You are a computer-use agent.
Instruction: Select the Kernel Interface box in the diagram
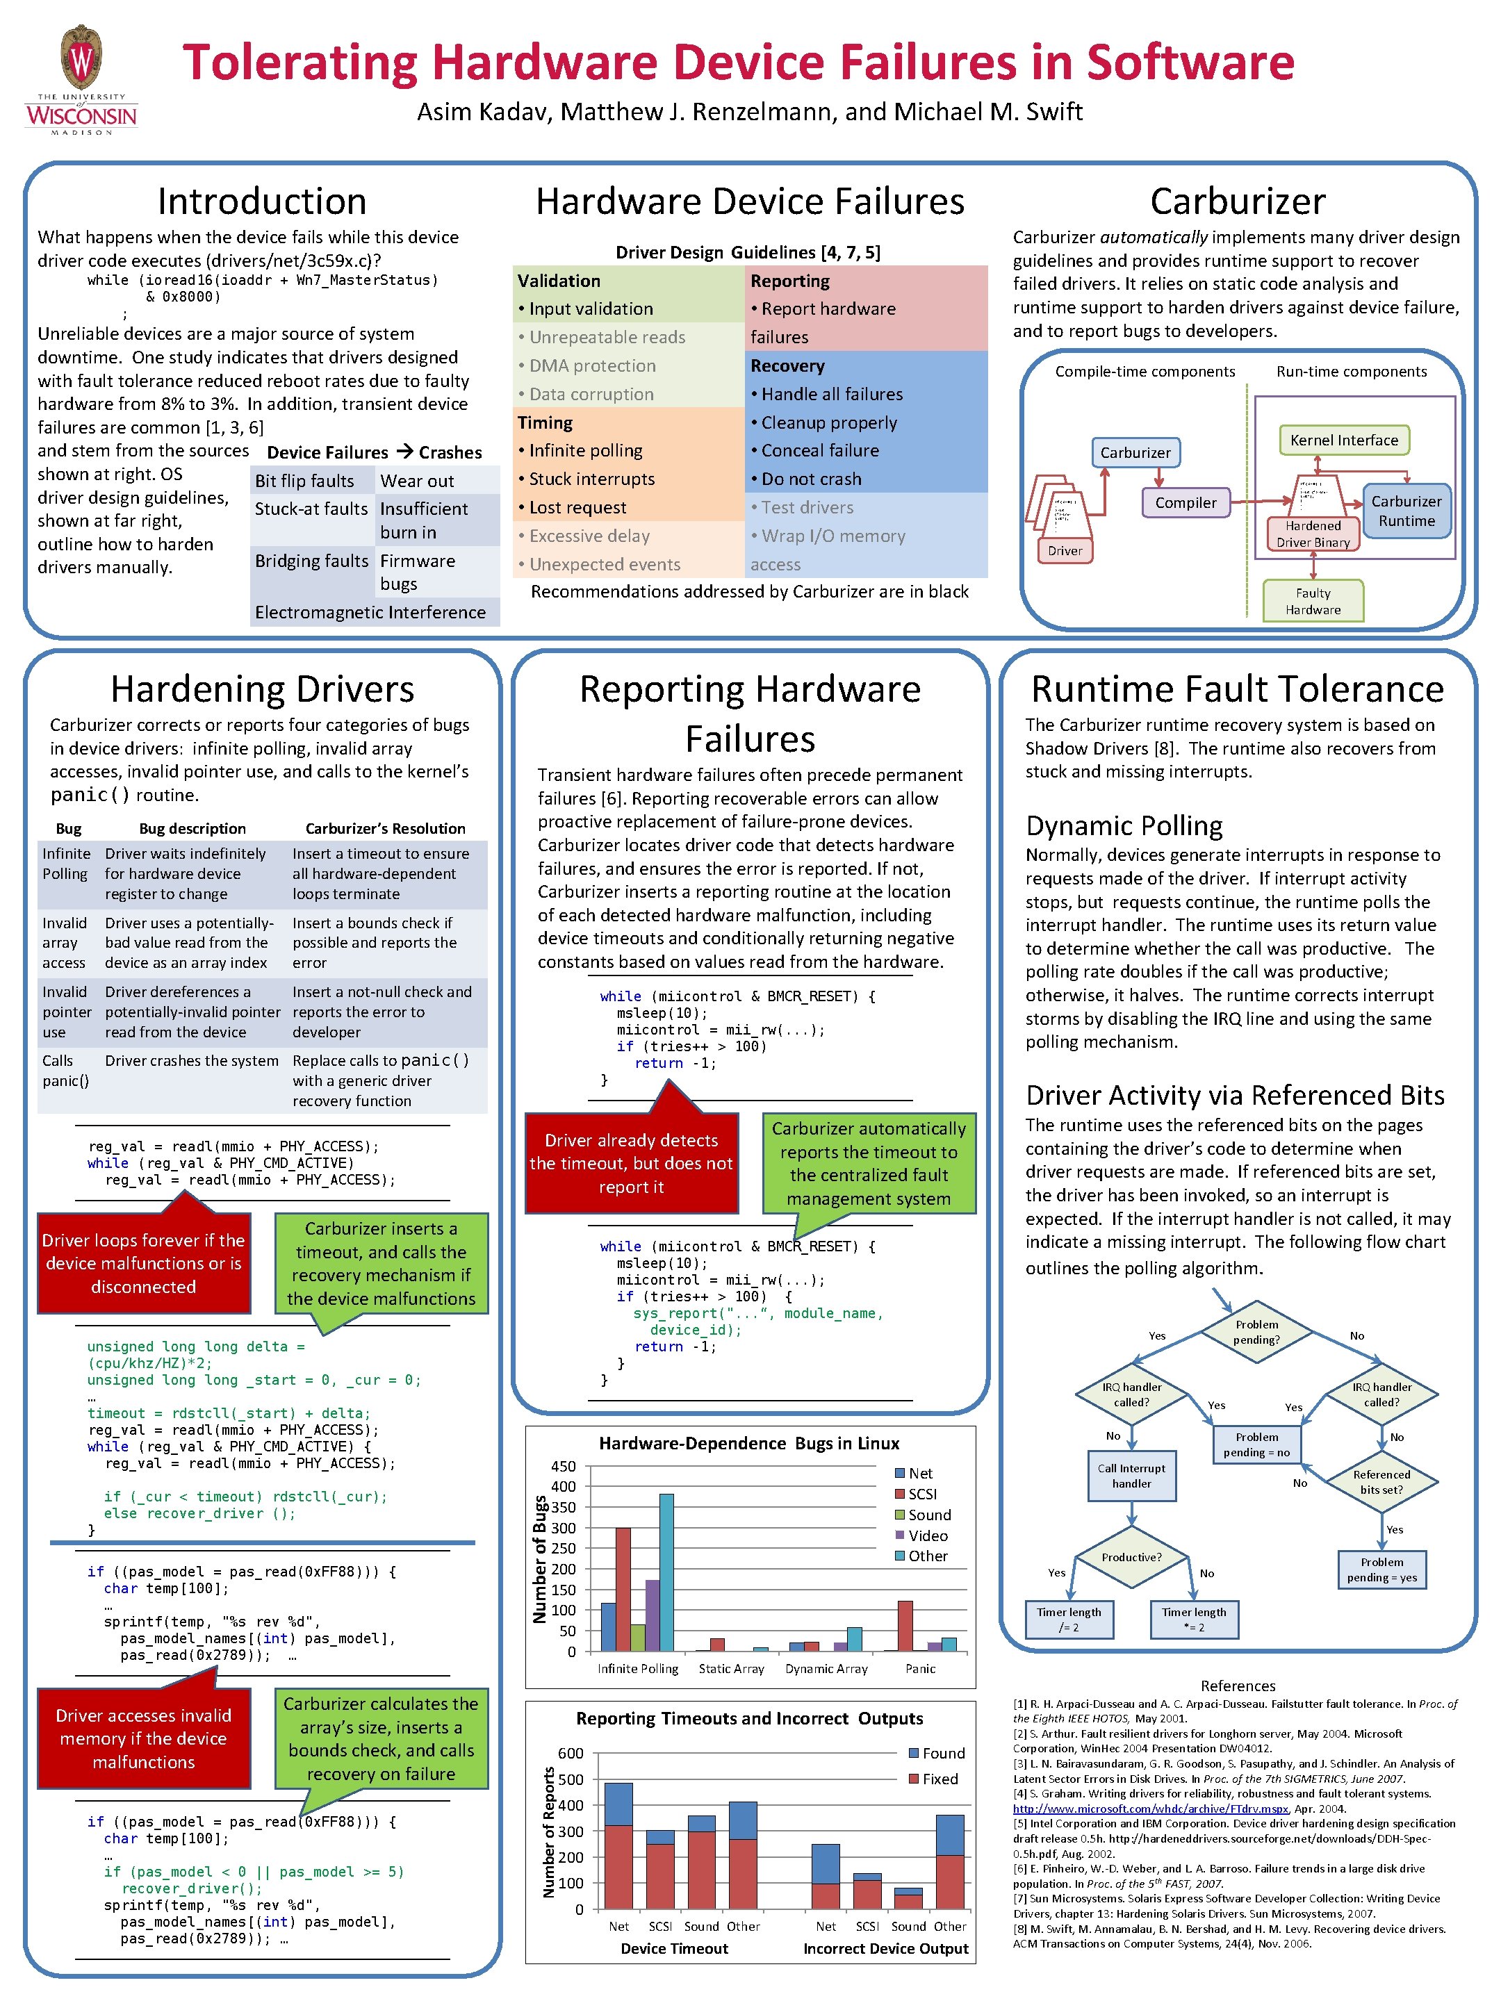1343,440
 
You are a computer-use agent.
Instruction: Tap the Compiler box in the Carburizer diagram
1186,503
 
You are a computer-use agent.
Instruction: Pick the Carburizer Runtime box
1406,511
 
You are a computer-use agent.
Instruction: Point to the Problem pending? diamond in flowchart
1256,1332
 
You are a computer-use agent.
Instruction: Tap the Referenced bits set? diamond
1381,1482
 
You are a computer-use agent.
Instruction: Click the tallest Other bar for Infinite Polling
666,1572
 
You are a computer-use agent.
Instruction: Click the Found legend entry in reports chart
935,1753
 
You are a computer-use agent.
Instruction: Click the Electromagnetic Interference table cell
370,612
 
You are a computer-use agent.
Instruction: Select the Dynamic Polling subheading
1124,825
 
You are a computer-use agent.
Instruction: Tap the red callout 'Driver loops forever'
144,1263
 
